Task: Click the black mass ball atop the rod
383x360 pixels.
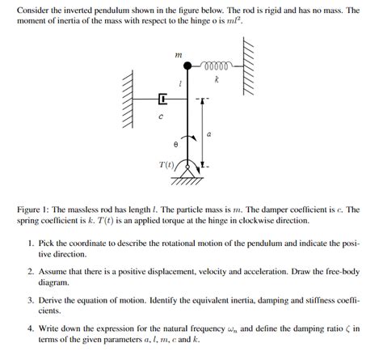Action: [x=187, y=68]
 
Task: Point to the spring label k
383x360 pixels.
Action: [x=217, y=80]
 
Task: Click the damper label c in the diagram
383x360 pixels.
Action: [x=161, y=117]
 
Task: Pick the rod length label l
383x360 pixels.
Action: [x=180, y=83]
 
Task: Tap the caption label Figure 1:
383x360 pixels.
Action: [x=35, y=210]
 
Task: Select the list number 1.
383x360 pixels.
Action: [x=30, y=243]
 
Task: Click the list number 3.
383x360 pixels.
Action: [x=30, y=300]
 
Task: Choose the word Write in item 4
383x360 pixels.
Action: [x=52, y=328]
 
